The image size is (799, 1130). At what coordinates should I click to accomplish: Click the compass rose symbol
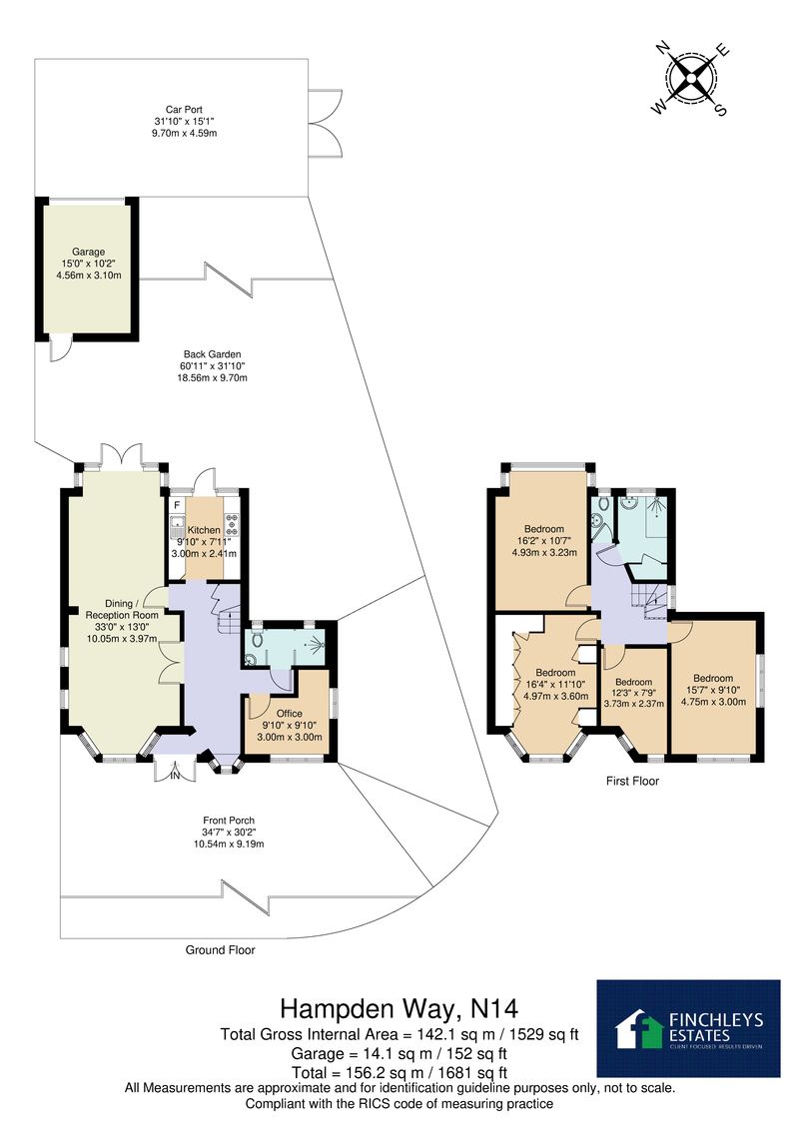coord(691,79)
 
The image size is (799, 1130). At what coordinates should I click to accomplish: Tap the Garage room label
coord(88,264)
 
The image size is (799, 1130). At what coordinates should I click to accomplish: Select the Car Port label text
coord(184,121)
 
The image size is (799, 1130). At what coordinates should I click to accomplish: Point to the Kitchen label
coord(204,541)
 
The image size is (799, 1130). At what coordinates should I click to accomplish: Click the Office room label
coord(290,725)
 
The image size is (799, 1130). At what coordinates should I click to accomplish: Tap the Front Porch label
coord(229,832)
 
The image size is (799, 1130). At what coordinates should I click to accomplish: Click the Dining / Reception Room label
coord(122,621)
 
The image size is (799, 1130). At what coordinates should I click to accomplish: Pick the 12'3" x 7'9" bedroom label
coord(633,693)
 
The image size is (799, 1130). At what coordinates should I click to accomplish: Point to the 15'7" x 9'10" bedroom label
coord(713,689)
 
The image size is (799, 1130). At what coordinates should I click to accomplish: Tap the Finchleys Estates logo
coord(689,1028)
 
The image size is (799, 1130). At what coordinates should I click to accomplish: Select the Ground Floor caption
coord(220,950)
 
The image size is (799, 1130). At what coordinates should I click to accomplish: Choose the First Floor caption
coord(632,781)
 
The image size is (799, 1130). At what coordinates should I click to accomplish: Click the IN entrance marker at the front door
coord(175,776)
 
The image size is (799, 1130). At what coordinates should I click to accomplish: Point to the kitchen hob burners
coord(232,525)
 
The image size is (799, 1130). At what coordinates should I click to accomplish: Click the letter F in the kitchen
coord(177,504)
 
